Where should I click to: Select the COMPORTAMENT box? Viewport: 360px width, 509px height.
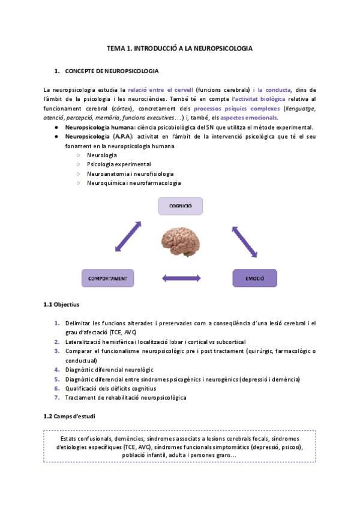click(107, 279)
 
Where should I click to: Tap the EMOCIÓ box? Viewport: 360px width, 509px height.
click(254, 279)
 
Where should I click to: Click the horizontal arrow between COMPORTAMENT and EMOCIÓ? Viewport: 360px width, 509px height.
click(181, 279)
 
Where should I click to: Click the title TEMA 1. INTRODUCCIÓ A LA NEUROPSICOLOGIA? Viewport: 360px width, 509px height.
click(179, 47)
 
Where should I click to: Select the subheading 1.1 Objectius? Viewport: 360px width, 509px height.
click(62, 305)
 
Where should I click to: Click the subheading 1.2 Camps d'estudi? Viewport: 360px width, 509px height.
click(69, 416)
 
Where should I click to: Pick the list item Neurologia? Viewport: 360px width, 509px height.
click(102, 155)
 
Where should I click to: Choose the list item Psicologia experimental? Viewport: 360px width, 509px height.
click(119, 164)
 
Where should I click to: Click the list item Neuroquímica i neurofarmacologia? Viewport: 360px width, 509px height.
click(133, 182)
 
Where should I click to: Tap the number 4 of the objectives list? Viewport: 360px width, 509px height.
click(56, 369)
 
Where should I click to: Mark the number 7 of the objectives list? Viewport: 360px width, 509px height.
click(56, 397)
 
